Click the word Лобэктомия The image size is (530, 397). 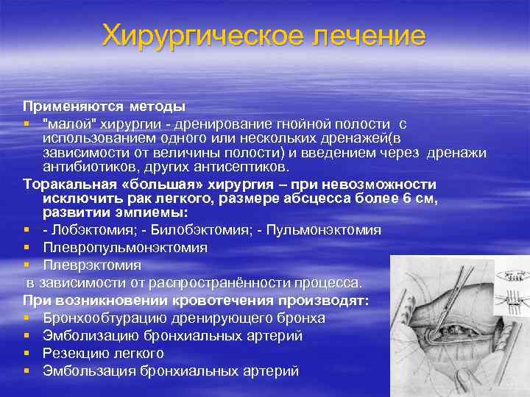91,230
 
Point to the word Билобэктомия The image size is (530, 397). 210,230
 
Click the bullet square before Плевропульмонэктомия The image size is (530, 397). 26,248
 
